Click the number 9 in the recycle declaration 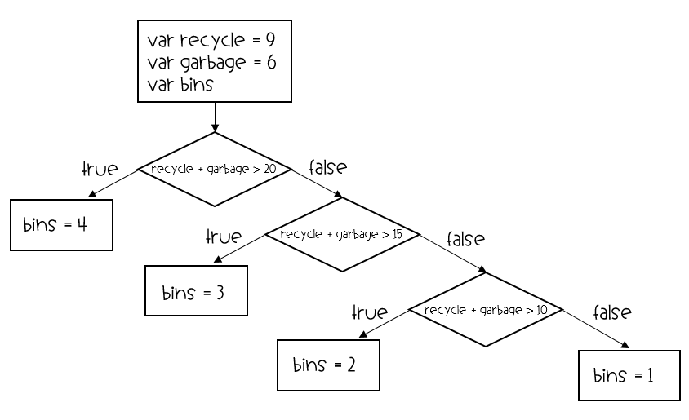point(270,40)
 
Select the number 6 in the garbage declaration point(272,62)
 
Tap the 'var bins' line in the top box point(180,84)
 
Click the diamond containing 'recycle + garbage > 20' point(215,169)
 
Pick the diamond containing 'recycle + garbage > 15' point(342,234)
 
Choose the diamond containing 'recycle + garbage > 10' point(486,310)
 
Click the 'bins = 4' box point(61,225)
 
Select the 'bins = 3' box point(197,290)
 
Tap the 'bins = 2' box point(329,365)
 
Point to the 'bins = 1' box point(629,376)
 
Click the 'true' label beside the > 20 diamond point(100,169)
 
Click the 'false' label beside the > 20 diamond point(328,167)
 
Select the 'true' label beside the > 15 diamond point(224,237)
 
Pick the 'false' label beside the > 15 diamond point(466,239)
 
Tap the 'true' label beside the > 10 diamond point(370,312)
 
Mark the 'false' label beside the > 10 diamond point(612,312)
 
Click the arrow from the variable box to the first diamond point(215,117)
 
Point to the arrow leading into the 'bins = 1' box point(596,329)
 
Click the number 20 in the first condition point(269,169)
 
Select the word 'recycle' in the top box point(212,41)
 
